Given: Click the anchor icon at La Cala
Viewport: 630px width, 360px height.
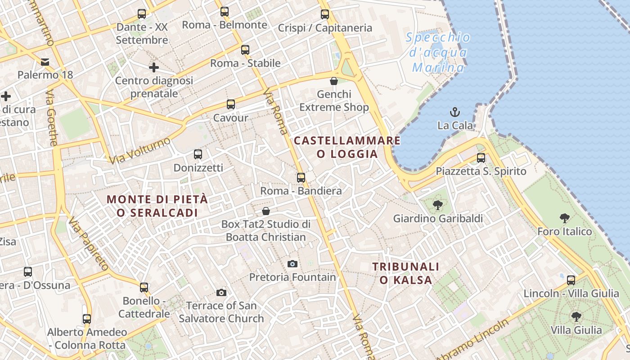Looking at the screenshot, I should coord(455,112).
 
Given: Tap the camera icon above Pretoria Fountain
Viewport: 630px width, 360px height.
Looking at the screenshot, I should coord(292,264).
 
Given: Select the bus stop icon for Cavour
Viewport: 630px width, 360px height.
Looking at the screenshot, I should coord(231,104).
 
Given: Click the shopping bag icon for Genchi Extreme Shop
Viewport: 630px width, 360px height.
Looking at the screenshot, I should coord(334,81).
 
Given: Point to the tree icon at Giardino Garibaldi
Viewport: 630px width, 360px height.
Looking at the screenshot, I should coord(437,205).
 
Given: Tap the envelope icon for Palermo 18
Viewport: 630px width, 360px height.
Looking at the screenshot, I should coord(45,62).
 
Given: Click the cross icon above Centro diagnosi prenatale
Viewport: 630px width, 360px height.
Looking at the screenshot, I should coord(154,67).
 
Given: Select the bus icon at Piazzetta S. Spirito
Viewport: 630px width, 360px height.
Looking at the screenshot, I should coord(481,158).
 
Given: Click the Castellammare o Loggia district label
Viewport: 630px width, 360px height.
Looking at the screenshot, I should coord(347,147).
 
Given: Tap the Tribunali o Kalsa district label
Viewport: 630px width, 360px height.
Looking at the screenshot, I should coord(406,273).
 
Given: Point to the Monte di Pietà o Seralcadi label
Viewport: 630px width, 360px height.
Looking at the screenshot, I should coord(157,206).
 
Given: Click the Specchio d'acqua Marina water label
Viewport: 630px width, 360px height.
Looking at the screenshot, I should coord(438,53).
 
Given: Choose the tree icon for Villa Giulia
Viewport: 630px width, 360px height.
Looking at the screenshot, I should coord(576,317).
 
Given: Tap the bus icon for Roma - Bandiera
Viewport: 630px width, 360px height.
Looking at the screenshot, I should coord(301,178).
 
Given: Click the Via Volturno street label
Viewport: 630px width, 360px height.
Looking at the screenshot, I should coord(140,150).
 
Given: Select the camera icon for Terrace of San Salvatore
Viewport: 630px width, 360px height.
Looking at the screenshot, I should coord(221,293).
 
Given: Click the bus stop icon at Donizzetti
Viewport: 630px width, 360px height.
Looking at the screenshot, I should coord(198,154).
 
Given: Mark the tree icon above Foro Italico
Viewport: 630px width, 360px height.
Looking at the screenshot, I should coord(565,219).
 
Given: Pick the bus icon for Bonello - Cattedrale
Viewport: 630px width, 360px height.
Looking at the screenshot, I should coord(144,287).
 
